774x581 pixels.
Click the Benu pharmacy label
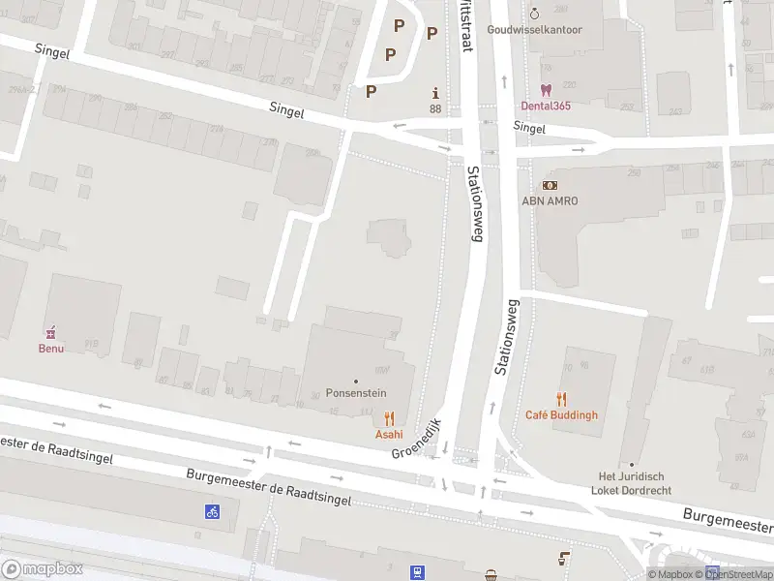(51, 348)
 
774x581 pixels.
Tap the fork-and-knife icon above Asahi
(389, 418)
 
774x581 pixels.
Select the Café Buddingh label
(561, 415)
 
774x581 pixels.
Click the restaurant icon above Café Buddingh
(561, 399)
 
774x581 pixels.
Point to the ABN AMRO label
(550, 200)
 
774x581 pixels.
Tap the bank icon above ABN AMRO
(550, 184)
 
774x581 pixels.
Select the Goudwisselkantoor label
(535, 30)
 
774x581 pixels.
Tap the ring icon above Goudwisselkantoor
(535, 14)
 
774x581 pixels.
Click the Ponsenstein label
(356, 395)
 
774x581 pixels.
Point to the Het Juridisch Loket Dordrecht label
(631, 483)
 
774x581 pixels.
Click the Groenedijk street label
(417, 439)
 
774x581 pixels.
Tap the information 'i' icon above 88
(435, 93)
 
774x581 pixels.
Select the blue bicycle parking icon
(212, 511)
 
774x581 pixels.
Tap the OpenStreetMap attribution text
(739, 575)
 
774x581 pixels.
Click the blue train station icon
(418, 572)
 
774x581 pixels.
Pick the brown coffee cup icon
(565, 559)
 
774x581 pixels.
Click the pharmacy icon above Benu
(51, 331)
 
